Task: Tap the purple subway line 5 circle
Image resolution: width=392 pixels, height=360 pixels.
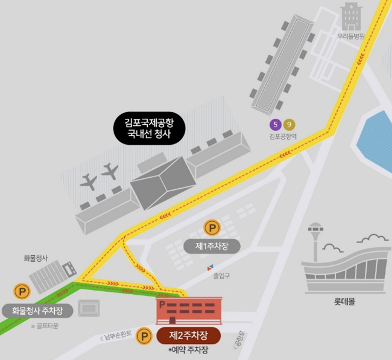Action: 275,124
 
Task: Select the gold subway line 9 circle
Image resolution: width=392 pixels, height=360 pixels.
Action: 289,124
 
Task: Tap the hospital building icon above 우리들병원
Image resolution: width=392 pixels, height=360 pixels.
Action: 351,16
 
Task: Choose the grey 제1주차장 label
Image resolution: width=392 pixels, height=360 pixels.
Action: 211,246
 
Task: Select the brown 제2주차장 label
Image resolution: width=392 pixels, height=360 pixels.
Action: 188,336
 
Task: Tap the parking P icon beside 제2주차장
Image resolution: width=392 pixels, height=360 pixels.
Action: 144,336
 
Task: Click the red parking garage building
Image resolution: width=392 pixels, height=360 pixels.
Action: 188,310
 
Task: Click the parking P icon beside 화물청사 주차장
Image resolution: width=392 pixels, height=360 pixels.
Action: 22,291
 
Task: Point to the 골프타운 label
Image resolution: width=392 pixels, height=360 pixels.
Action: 45,326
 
